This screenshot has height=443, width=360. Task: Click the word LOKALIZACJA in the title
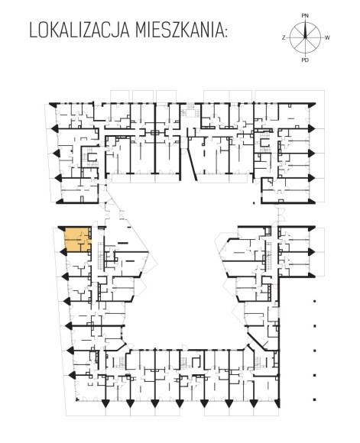[x=79, y=31]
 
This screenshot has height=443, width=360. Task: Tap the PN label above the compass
[x=305, y=16]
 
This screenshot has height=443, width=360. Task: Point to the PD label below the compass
[x=305, y=60]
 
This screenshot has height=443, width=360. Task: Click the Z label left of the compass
[x=284, y=37]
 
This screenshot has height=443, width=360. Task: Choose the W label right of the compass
[x=327, y=37]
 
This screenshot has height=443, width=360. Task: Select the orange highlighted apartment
[x=78, y=239]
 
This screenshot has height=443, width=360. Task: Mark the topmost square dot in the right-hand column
[x=314, y=302]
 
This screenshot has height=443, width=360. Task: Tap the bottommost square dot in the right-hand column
[x=314, y=399]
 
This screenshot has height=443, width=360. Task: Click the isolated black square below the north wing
[x=254, y=202]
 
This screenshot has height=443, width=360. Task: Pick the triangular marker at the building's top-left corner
[x=54, y=104]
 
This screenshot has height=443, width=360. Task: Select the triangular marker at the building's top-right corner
[x=312, y=105]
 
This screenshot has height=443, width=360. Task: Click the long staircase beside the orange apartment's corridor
[x=101, y=256]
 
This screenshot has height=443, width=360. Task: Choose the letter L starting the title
[x=34, y=31]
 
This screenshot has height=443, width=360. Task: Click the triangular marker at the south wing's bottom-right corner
[x=277, y=403]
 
